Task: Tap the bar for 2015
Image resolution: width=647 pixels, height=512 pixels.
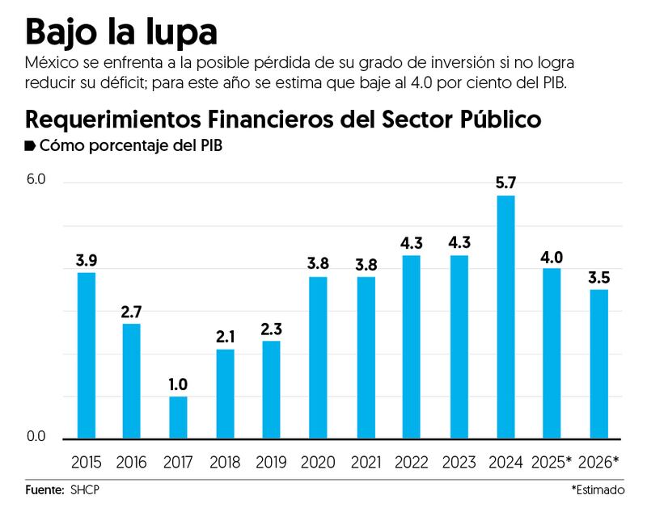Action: (x=86, y=355)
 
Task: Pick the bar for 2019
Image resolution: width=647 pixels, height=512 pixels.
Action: (x=271, y=389)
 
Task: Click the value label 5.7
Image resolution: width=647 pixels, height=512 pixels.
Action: (x=505, y=183)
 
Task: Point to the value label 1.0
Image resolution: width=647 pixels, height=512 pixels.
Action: (x=178, y=384)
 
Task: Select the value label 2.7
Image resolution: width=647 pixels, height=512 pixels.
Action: (x=133, y=311)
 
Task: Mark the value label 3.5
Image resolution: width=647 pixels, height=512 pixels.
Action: (x=598, y=277)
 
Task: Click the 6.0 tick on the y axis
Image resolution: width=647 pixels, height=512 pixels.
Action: (x=36, y=178)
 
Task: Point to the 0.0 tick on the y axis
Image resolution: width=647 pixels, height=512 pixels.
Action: (x=36, y=437)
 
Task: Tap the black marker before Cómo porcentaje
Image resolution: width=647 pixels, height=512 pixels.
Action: (x=31, y=146)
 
